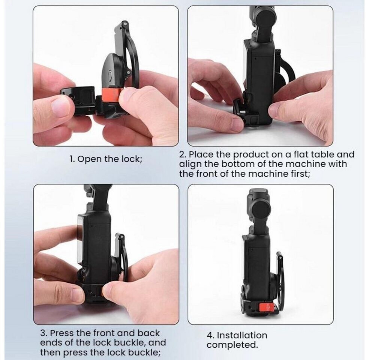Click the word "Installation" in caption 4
tap(242, 335)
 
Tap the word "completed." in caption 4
tap(232, 345)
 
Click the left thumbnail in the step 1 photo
tap(60, 107)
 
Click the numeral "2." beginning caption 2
tap(183, 154)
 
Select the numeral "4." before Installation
tap(211, 335)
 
